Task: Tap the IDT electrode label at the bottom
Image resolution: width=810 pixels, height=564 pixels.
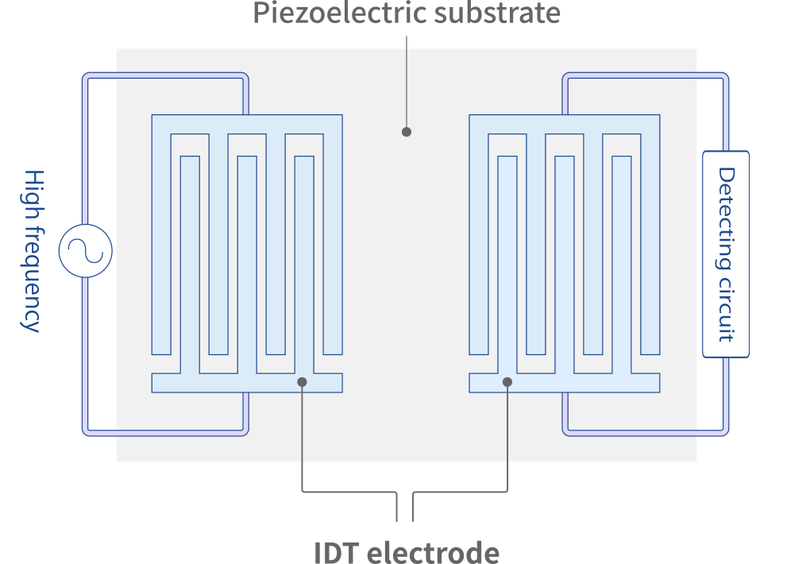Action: [406, 553]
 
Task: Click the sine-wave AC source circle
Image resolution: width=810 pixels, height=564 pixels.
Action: [86, 251]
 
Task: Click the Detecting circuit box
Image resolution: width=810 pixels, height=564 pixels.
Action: [726, 254]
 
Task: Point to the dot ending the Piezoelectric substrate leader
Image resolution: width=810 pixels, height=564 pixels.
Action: [407, 132]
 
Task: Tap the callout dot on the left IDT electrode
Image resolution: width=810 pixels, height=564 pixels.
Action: [303, 382]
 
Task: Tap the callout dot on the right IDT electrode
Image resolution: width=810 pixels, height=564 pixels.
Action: [507, 382]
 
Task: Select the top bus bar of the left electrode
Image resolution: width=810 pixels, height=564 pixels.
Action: [246, 124]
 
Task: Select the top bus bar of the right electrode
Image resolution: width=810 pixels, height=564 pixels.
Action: [564, 124]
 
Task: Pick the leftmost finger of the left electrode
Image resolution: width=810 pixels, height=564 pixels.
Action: [161, 238]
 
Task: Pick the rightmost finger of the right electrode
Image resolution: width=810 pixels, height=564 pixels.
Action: [650, 238]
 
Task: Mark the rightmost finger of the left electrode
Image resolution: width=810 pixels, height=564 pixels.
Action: [333, 238]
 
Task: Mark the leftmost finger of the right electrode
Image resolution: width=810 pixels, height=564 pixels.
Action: [479, 238]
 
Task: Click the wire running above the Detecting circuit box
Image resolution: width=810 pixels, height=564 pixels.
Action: [725, 111]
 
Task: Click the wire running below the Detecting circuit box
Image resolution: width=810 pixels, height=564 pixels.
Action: [725, 397]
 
